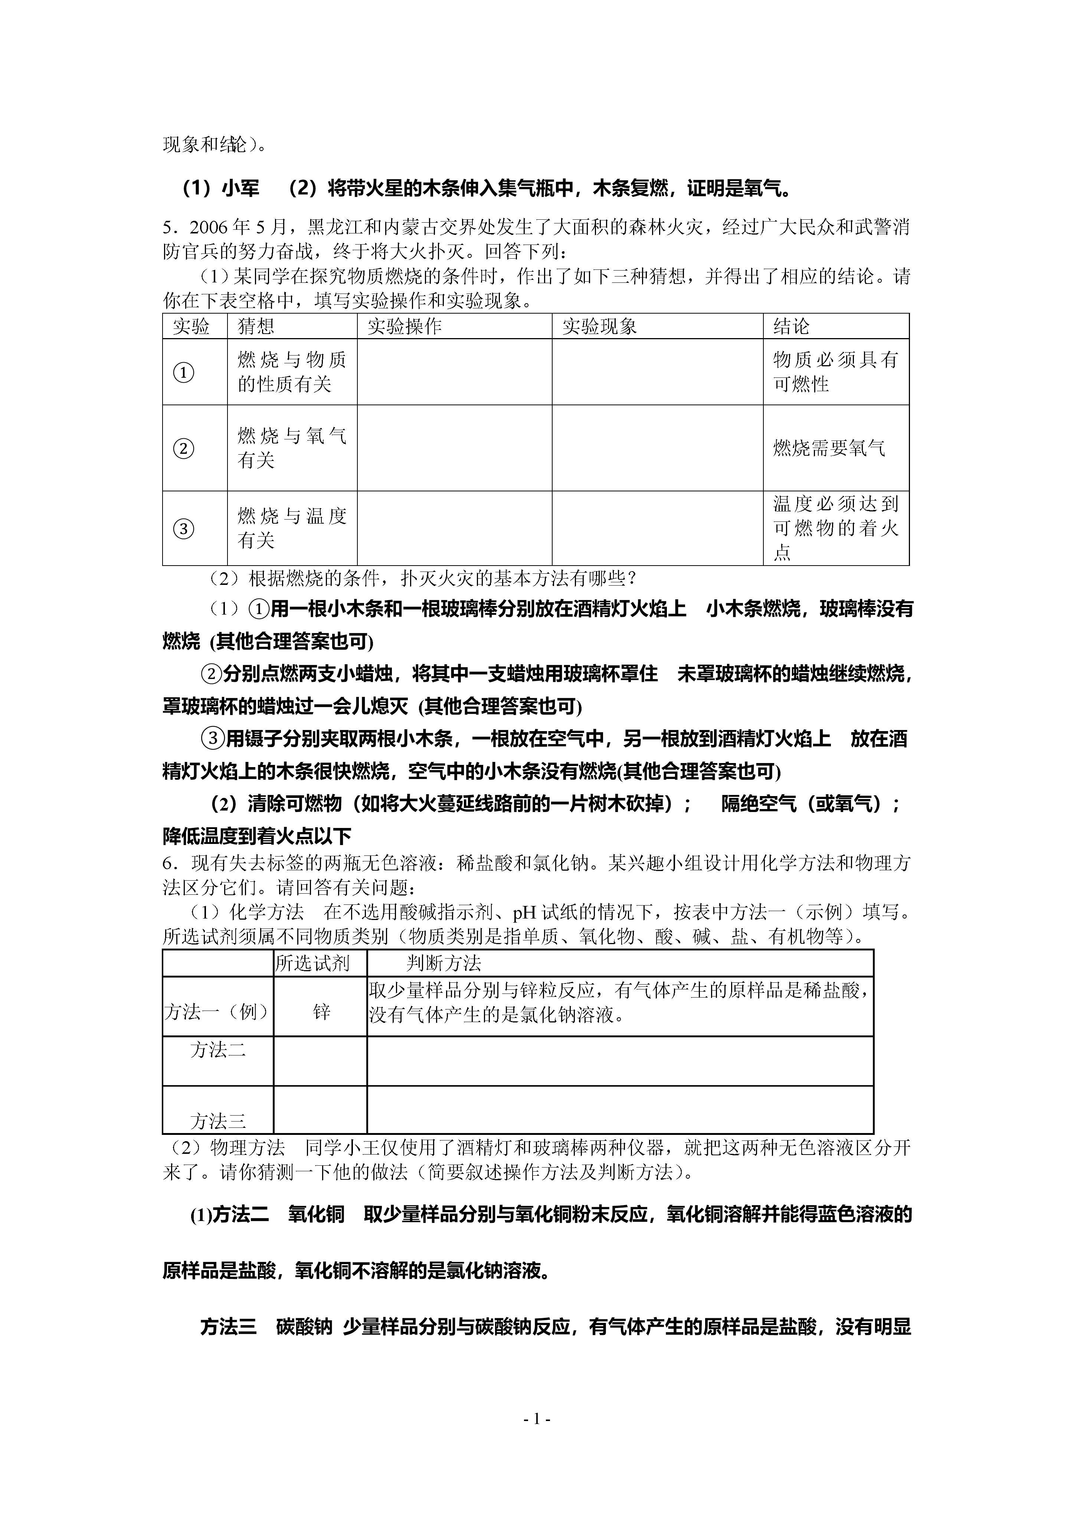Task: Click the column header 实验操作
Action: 404,326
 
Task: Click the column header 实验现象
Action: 600,326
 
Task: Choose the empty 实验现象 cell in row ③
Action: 657,528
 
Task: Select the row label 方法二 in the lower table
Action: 218,1050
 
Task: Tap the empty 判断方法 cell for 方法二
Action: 620,1061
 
